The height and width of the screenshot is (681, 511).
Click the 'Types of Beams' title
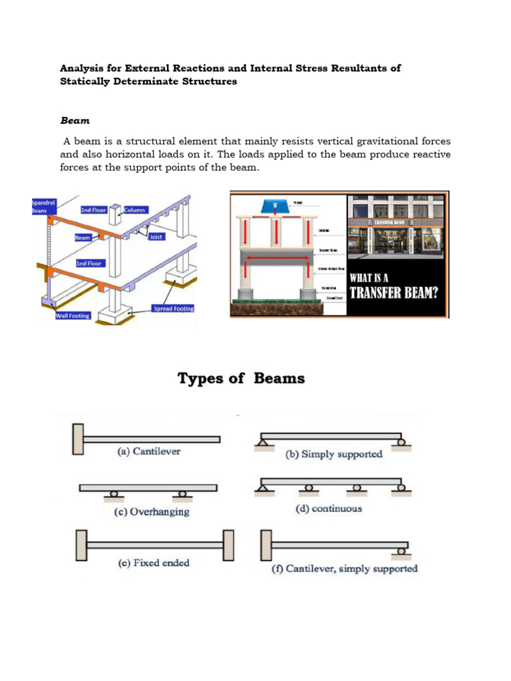[241, 378]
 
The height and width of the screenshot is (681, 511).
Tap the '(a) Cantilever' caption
[149, 452]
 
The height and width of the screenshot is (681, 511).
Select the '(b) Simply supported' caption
[334, 454]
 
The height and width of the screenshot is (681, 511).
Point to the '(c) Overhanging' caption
[152, 511]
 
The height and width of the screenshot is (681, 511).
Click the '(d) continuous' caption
[329, 509]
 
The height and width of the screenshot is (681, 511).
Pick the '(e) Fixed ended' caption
[153, 563]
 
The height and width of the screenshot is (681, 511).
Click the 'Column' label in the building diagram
[135, 209]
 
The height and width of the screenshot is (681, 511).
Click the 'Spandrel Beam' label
[45, 205]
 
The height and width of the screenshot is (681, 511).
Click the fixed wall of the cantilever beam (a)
[78, 440]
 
